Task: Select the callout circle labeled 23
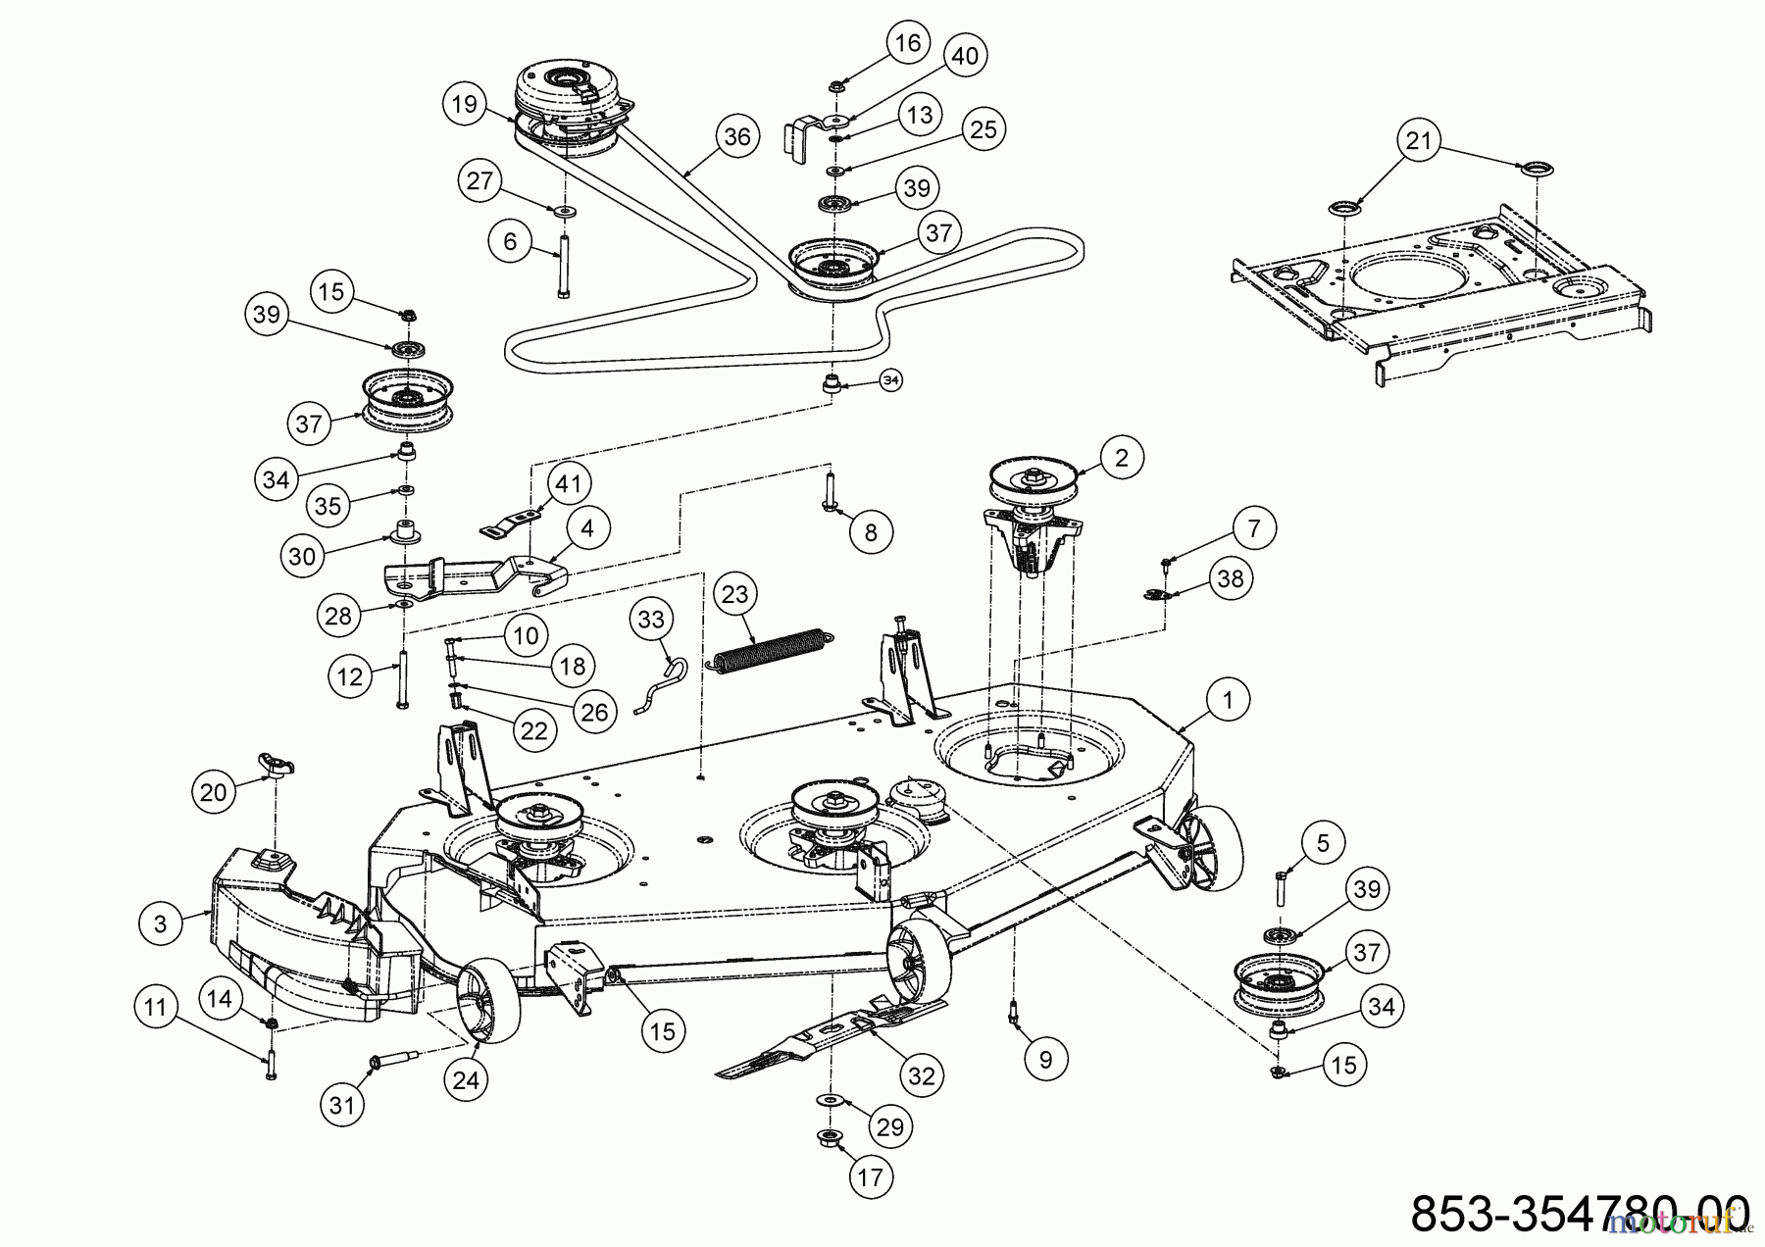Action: click(734, 594)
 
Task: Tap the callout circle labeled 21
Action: click(1419, 142)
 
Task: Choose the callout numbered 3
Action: click(161, 923)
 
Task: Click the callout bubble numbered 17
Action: click(870, 1176)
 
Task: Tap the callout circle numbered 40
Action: click(965, 56)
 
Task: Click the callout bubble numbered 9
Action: click(1045, 1059)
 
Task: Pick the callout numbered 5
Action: click(1323, 843)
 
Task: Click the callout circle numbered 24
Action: click(467, 1080)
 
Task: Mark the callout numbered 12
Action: click(350, 676)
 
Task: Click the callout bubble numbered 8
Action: click(871, 532)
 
